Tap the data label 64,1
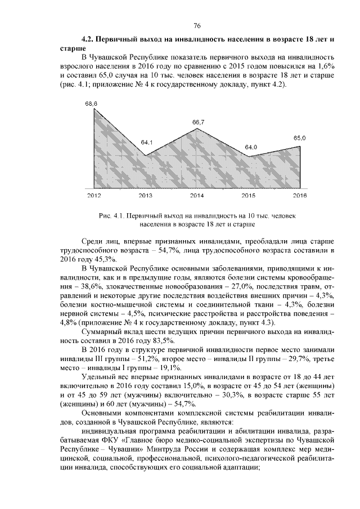[147, 142]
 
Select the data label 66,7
[198, 122]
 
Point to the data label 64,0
[250, 147]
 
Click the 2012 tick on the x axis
[93, 196]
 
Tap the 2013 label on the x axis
[145, 196]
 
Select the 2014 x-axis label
[197, 196]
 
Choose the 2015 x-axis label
[248, 196]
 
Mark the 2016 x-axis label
[300, 196]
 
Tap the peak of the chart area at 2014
[197, 129]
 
